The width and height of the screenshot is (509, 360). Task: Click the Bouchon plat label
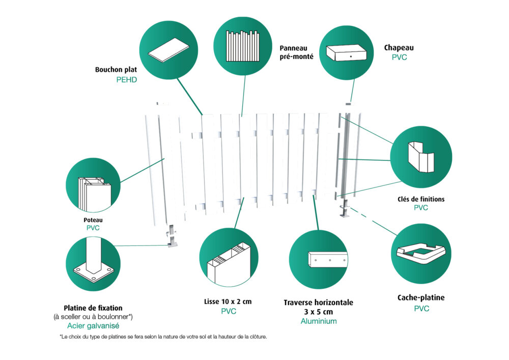tap(116, 69)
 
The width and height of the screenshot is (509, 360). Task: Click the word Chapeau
tap(399, 48)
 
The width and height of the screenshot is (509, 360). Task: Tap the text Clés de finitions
tap(421, 199)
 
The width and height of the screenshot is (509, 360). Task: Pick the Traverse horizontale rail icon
tap(318, 259)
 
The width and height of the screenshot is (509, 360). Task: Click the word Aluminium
tap(319, 321)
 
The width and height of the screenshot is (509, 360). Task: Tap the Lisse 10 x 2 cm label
tap(228, 301)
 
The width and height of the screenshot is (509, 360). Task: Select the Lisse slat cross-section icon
tap(230, 259)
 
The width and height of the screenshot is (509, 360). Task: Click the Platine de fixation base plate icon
tap(93, 264)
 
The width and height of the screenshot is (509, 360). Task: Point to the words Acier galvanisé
tap(93, 325)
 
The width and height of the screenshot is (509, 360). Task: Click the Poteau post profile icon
tap(93, 188)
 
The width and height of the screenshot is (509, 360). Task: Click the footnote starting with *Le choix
tap(163, 337)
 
